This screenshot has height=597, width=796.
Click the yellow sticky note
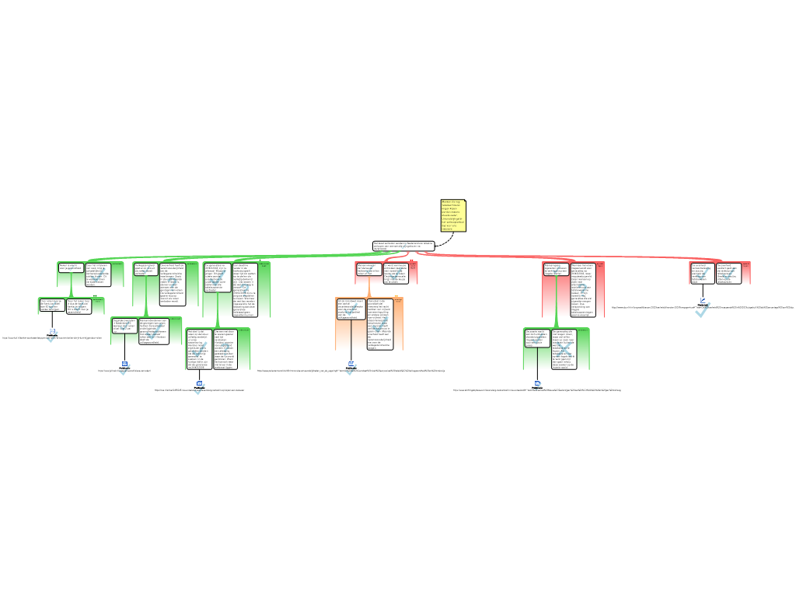(x=453, y=215)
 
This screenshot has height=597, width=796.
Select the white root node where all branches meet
(x=403, y=246)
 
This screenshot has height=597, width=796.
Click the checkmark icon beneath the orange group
(x=351, y=369)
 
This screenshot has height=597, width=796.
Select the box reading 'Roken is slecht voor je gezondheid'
(x=71, y=267)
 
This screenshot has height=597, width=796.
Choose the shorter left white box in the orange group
(x=351, y=309)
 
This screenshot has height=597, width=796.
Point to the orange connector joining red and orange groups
(x=369, y=286)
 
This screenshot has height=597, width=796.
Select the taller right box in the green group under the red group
(x=564, y=349)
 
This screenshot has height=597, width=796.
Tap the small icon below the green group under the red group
(x=537, y=385)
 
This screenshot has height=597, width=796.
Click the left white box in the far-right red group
(x=702, y=273)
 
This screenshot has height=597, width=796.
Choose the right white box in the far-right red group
(x=728, y=273)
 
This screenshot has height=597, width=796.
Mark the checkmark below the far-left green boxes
(x=52, y=336)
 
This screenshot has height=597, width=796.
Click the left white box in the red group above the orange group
(x=368, y=269)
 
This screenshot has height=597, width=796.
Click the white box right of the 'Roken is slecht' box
(x=98, y=274)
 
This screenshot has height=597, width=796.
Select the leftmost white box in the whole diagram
(x=51, y=305)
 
